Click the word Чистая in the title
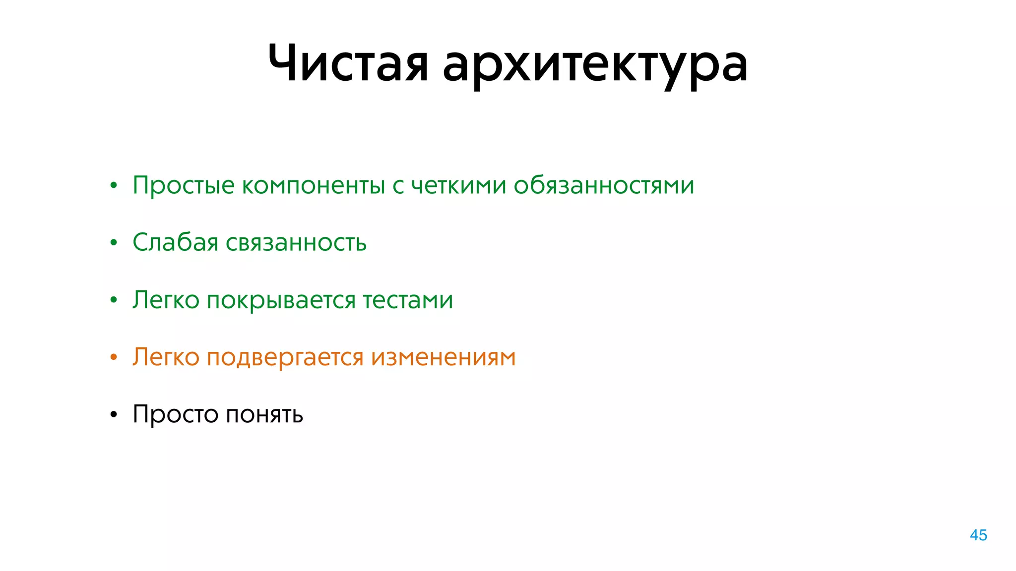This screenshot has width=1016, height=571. [x=348, y=63]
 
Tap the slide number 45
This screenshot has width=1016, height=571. [x=978, y=535]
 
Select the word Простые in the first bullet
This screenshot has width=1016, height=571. [x=184, y=186]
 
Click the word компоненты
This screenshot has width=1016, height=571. [x=314, y=186]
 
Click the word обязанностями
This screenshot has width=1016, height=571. [x=603, y=185]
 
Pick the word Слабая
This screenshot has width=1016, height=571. [x=175, y=242]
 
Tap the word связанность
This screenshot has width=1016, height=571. [x=296, y=243]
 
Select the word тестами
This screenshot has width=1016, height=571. [x=408, y=300]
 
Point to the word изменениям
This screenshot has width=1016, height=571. [x=443, y=357]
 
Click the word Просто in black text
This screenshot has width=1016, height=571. [x=175, y=414]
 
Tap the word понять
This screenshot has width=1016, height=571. [x=264, y=414]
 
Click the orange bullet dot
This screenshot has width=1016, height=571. [x=114, y=357]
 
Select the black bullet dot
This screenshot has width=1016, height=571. [x=114, y=414]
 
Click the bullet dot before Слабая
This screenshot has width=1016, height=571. [x=114, y=243]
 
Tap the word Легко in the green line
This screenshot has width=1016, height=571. [x=166, y=300]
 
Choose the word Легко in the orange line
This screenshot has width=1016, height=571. [x=166, y=357]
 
